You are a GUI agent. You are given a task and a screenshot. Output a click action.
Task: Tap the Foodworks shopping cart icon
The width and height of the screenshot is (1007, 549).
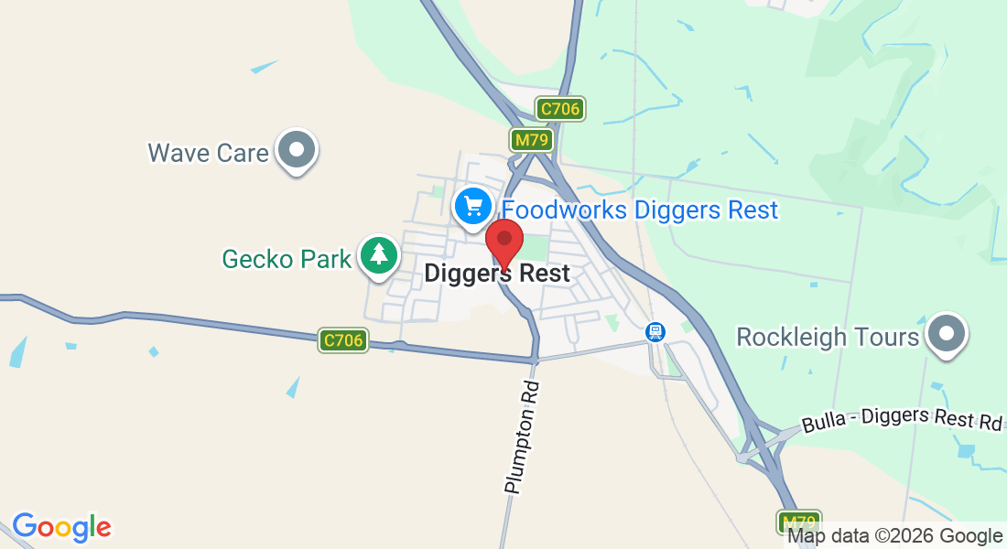472,205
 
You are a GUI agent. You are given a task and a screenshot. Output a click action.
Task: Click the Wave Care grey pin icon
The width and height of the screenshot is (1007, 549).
297,149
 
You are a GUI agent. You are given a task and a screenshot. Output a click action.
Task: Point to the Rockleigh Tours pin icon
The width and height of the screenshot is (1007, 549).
947,334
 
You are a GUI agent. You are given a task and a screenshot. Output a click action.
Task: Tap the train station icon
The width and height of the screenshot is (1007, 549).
655,331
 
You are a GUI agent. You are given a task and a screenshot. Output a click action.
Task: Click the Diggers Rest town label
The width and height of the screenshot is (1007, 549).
497,273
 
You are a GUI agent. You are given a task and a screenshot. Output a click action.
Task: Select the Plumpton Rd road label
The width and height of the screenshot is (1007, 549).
523,438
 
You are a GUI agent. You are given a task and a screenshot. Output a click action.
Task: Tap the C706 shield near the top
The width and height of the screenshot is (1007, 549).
560,110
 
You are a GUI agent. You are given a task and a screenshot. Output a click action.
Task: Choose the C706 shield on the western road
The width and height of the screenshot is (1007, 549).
344,341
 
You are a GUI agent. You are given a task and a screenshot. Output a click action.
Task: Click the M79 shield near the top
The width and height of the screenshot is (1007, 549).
530,140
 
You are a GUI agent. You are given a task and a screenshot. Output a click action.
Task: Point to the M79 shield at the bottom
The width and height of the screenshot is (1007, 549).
799,522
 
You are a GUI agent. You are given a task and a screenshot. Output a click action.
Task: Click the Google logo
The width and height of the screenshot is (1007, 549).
61,527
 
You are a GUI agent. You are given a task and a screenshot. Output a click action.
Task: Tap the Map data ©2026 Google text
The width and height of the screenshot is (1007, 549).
894,536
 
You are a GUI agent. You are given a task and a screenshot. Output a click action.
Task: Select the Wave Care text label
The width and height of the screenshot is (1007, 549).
209,152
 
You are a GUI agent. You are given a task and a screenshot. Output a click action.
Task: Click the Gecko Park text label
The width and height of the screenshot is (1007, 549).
287,259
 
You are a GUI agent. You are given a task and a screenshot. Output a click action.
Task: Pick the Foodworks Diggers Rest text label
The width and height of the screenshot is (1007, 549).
640,210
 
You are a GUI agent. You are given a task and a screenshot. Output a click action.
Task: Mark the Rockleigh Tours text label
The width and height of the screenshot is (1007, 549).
828,337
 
